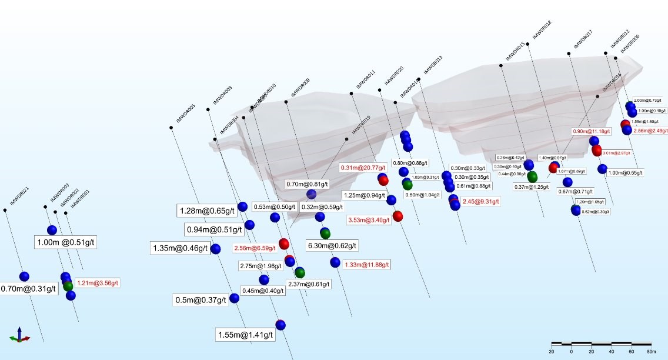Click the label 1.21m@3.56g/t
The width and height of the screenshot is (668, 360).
[98, 283]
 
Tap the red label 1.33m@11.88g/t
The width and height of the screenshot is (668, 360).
[366, 265]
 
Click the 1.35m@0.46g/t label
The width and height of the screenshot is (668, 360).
[180, 248]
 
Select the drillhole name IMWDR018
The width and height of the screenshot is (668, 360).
[542, 30]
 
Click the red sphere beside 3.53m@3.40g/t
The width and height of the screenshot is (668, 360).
[398, 216]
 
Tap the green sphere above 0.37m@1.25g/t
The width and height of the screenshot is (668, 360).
[532, 176]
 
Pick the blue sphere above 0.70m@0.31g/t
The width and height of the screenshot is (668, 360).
[24, 276]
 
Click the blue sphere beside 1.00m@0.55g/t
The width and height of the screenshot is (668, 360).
[602, 169]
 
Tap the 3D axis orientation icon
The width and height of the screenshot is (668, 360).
[19, 335]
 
